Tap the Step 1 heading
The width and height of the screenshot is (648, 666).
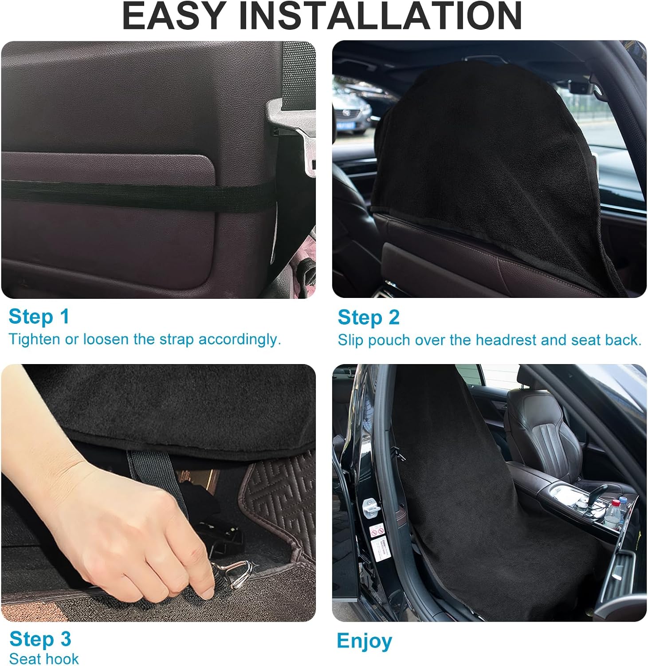(x=39, y=317)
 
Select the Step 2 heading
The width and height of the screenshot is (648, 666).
(x=368, y=317)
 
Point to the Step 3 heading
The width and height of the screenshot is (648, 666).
(x=40, y=639)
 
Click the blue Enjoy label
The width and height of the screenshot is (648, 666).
(x=364, y=641)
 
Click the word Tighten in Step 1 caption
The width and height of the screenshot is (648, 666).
(x=34, y=339)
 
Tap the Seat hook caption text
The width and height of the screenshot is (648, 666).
(x=43, y=658)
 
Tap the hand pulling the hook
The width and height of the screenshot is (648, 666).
(x=133, y=524)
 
